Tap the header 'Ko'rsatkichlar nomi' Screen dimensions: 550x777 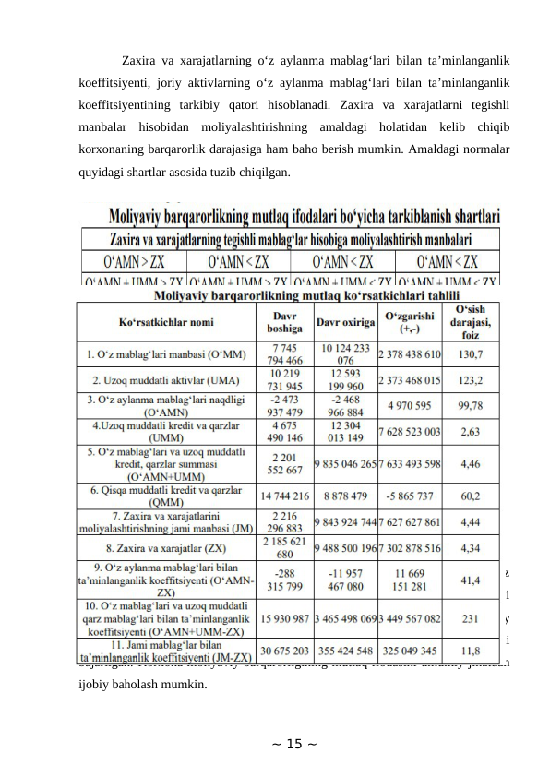[x=164, y=326]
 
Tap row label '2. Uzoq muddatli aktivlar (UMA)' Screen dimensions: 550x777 [x=164, y=378]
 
